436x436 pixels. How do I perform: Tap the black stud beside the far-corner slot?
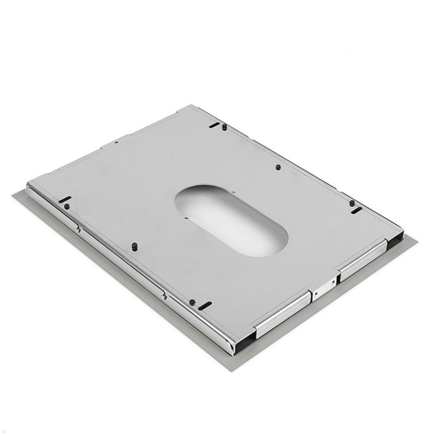pos(225,127)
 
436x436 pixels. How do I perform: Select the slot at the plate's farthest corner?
pos(214,125)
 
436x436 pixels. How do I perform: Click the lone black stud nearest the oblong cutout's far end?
pos(278,167)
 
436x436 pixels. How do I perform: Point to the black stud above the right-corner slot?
pos(352,203)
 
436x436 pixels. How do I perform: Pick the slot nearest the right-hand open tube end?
pos(357,210)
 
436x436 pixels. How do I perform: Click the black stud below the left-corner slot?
pos(66,206)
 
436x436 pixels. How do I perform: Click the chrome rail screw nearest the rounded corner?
pos(164,296)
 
